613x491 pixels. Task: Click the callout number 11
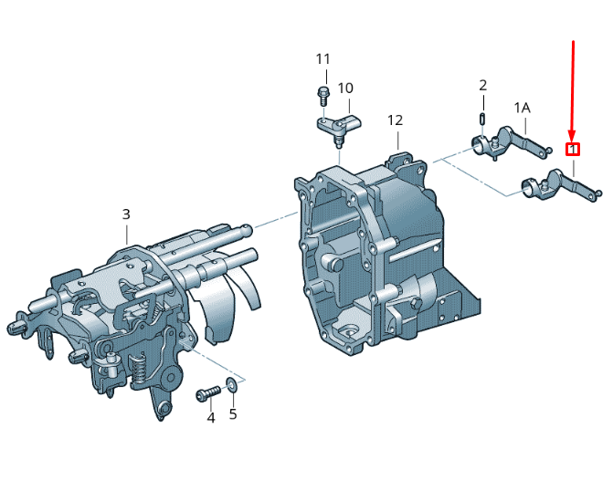[322, 59]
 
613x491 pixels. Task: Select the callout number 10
[345, 88]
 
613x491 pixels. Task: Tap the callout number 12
[395, 120]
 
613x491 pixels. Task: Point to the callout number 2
[483, 85]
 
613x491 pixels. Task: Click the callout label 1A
[522, 108]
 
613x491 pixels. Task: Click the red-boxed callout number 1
[573, 149]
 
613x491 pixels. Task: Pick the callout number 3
[126, 214]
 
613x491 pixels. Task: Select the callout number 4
[211, 418]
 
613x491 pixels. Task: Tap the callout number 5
[233, 414]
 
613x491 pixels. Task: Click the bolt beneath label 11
[322, 96]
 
